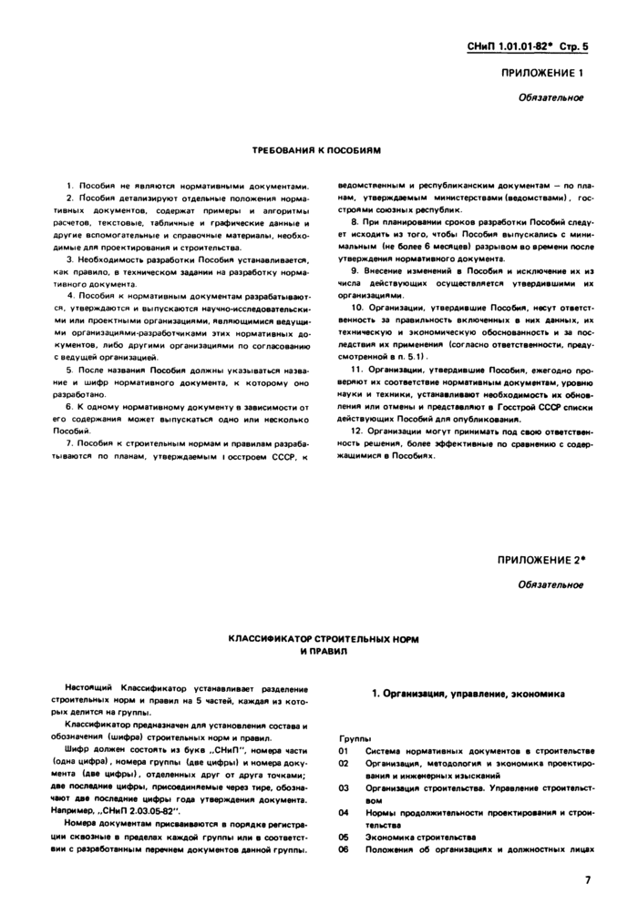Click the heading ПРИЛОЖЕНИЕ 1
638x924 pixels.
541,74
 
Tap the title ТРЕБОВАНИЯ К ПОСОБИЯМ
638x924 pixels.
315,147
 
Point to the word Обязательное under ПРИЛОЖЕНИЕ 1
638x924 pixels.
551,97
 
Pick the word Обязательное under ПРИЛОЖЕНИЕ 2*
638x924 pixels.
551,584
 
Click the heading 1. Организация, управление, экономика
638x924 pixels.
468,694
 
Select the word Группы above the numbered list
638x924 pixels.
354,739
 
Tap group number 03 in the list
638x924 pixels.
344,787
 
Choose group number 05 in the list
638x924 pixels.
344,836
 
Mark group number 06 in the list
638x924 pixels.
344,848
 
